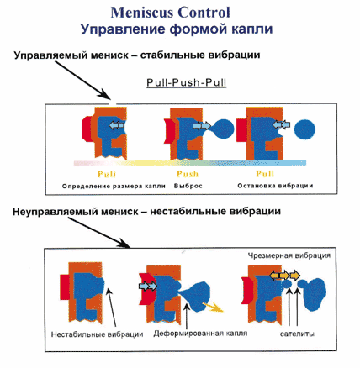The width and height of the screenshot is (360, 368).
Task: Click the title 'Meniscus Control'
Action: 171,13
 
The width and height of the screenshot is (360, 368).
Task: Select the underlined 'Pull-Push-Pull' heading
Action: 187,82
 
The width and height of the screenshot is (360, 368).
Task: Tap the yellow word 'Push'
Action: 188,174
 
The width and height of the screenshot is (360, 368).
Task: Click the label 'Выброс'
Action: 188,186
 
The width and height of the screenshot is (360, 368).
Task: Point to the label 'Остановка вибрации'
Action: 275,186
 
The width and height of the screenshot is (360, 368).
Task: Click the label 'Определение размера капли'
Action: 114,186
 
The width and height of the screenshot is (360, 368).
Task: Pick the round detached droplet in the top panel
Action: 304,129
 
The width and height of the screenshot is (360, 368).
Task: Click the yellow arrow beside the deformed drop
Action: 213,307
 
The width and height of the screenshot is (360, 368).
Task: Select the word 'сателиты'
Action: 297,334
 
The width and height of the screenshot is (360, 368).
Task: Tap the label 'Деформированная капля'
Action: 200,334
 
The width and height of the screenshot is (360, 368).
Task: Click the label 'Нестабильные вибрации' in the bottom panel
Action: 97,334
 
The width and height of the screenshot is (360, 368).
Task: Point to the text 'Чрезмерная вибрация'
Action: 289,255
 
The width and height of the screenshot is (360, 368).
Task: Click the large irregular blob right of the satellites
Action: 314,293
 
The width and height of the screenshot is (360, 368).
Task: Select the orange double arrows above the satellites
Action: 284,276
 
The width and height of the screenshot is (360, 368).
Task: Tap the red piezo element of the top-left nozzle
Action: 87,129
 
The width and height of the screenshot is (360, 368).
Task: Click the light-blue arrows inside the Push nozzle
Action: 202,126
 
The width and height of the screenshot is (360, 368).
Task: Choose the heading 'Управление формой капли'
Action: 177,29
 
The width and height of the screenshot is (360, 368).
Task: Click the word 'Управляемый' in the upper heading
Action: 51,55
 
